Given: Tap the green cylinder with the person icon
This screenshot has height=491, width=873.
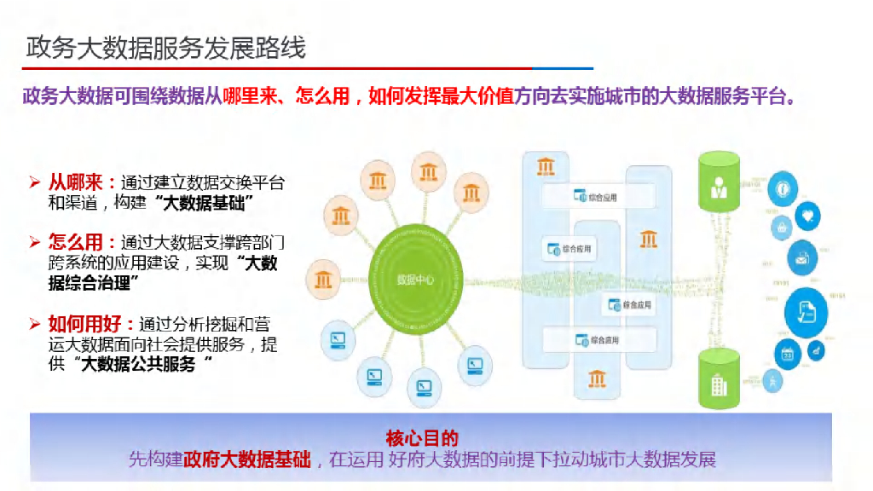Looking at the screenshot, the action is point(719,182).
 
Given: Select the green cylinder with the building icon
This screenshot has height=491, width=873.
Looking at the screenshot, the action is point(719,378).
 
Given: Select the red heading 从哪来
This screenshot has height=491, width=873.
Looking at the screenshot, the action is point(76,182).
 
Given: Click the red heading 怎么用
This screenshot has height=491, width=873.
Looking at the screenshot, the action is point(76,241).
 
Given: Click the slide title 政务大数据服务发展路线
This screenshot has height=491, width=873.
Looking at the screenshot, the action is point(165,48).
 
